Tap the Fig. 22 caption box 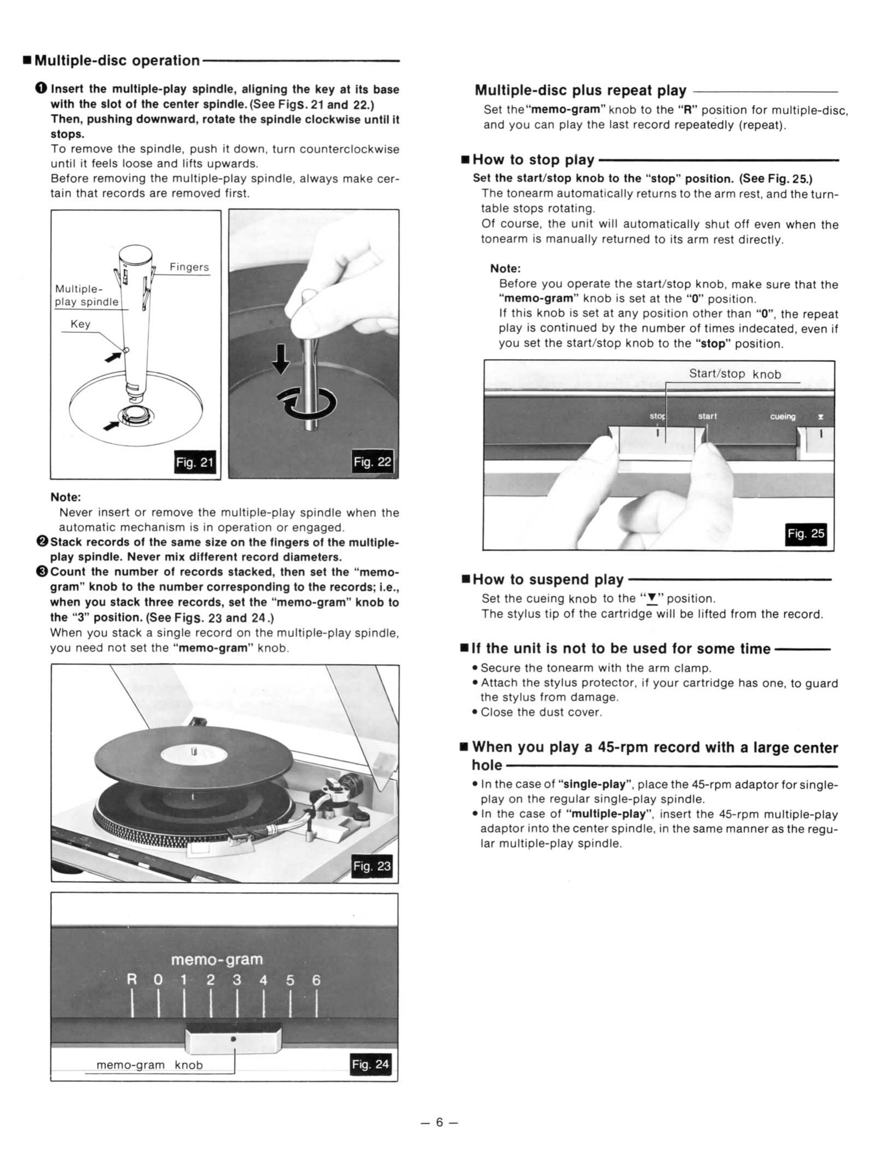pos(372,462)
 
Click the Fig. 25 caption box pos(806,534)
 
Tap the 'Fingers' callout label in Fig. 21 pos(189,267)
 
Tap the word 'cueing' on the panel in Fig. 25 pos(783,417)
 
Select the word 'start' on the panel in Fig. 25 pos(707,416)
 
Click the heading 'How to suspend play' pos(548,579)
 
